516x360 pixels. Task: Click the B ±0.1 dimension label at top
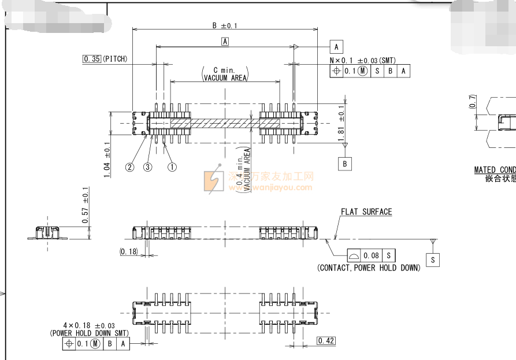225,25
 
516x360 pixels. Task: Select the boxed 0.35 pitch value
92,59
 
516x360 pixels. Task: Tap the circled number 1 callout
172,167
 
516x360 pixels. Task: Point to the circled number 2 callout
130,167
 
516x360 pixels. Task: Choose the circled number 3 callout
148,167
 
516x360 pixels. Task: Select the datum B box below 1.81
345,164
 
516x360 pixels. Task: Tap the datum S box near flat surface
433,260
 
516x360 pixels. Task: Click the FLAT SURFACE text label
366,212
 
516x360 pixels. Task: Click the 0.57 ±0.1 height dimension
86,205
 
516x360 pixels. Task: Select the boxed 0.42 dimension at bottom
326,341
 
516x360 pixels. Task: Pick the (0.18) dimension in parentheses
128,251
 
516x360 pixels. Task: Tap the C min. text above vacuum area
224,70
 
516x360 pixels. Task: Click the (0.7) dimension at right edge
473,102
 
